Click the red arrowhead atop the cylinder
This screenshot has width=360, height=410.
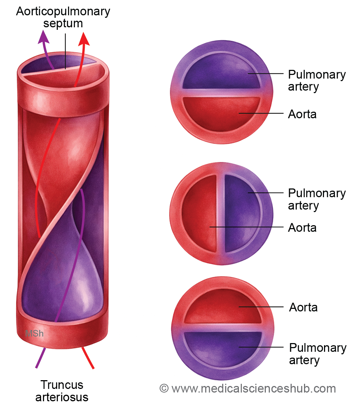coord(84,39)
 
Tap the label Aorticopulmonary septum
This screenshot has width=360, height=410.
coord(63,17)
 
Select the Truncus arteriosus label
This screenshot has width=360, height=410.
coord(62,391)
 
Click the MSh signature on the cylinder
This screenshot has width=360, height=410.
coord(34,333)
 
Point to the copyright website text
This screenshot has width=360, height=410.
coord(248,389)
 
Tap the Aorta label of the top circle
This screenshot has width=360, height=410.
coord(302,114)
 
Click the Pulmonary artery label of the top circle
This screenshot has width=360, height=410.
coord(317,80)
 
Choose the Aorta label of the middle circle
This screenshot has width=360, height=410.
coord(302,228)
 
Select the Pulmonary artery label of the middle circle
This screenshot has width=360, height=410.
coord(317,199)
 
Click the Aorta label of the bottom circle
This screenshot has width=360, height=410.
coord(303,307)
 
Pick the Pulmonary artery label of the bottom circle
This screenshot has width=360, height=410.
coord(318,354)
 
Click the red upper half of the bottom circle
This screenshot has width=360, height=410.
coord(223,306)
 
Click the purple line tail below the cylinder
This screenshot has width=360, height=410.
coord(40,358)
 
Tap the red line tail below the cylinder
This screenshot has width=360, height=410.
coord(88,358)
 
